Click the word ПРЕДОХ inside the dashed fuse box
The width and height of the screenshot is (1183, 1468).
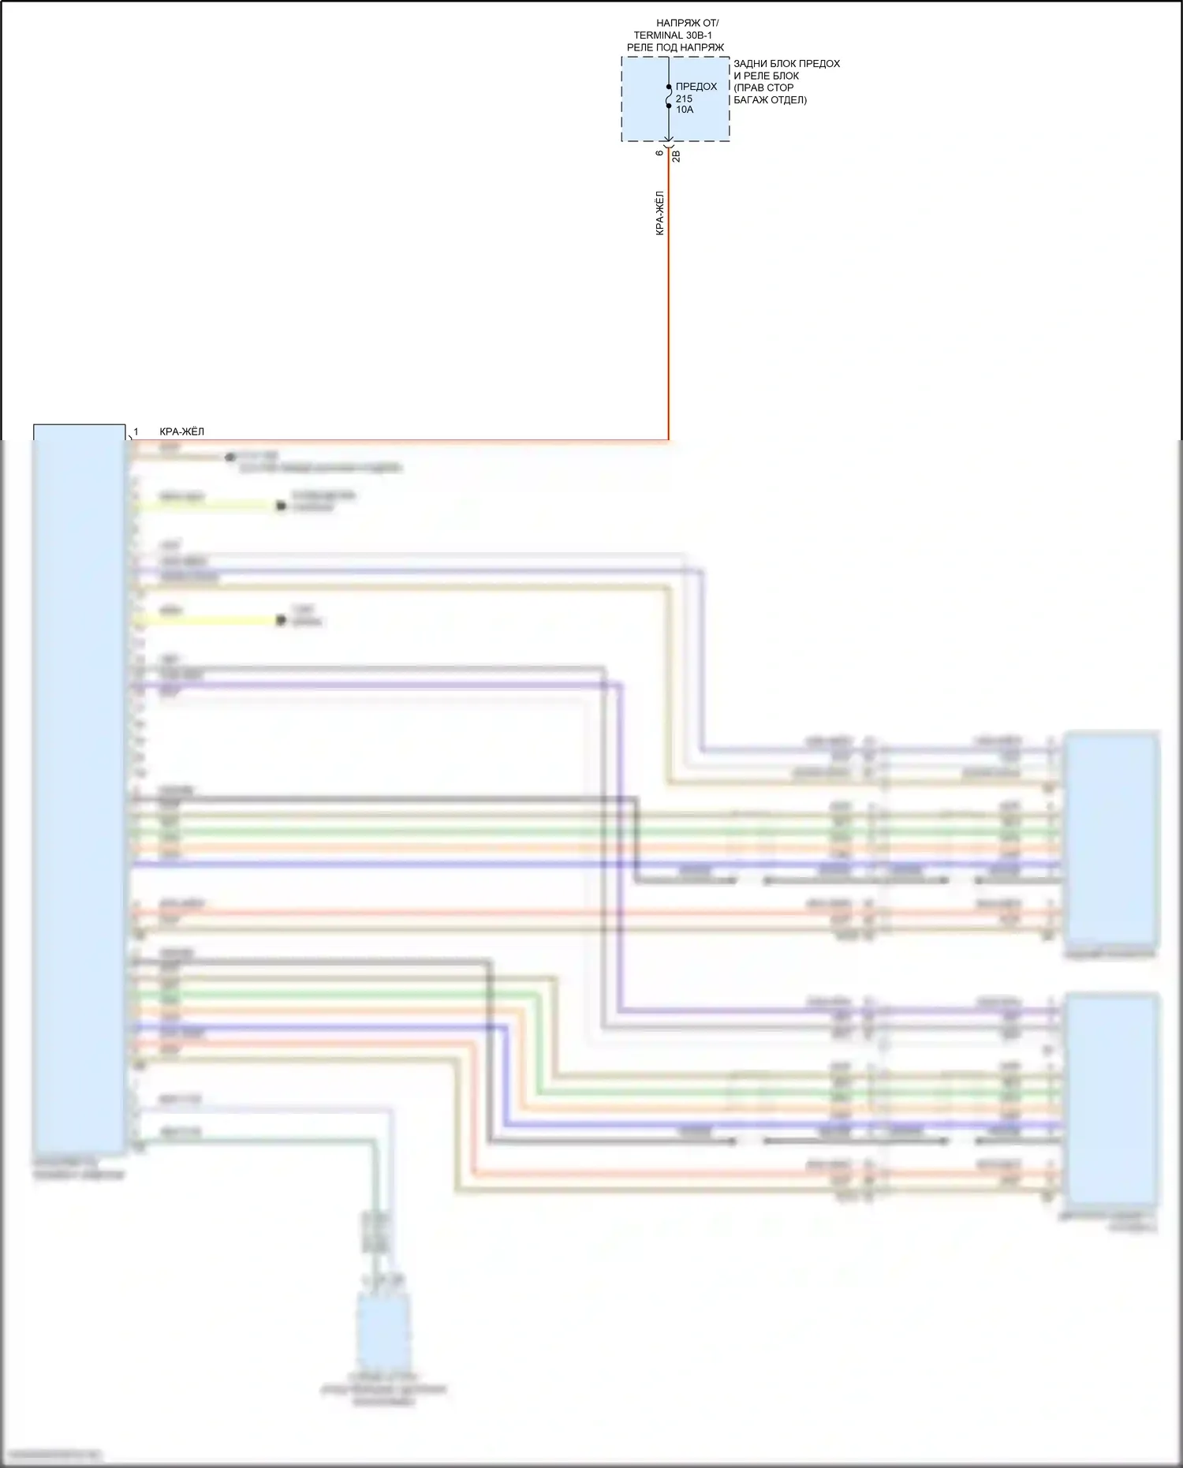tap(696, 87)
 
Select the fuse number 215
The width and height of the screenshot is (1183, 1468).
tap(684, 99)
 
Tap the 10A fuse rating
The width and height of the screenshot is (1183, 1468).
tap(685, 110)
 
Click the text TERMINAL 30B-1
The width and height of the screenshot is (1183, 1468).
tap(674, 35)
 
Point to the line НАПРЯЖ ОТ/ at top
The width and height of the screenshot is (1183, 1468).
tap(687, 24)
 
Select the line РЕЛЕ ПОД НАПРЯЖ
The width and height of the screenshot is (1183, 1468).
tap(675, 47)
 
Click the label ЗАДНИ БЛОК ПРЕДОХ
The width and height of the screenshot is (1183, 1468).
tap(786, 64)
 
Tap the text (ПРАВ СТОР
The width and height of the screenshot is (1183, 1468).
tap(763, 88)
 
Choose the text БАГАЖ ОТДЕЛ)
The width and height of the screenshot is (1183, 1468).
tap(770, 100)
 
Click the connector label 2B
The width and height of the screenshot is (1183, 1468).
tap(676, 156)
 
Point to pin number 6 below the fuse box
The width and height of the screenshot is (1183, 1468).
tap(660, 152)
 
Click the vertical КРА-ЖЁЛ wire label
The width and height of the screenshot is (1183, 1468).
tap(660, 213)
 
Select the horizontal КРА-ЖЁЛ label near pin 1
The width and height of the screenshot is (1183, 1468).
tap(181, 431)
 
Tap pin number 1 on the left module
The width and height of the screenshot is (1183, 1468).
tap(136, 431)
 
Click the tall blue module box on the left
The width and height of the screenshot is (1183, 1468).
tap(79, 789)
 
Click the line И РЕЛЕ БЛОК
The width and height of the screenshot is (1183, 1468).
tap(766, 76)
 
